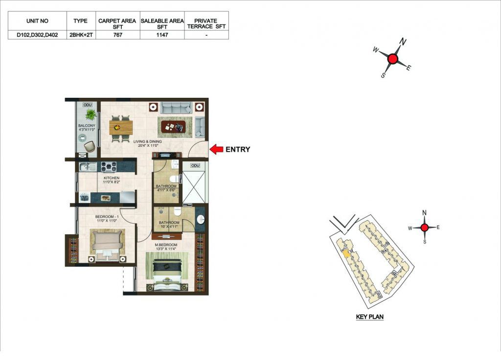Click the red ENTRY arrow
(x=216, y=149)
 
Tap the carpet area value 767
(x=117, y=35)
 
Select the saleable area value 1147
(x=162, y=35)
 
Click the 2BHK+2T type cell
(x=81, y=35)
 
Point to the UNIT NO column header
(x=37, y=21)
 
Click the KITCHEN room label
(x=112, y=178)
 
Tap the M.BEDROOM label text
(x=166, y=245)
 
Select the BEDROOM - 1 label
(x=107, y=217)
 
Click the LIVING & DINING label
(x=148, y=141)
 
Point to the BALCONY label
(x=87, y=126)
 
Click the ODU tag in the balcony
(x=87, y=105)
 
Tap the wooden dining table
(x=121, y=128)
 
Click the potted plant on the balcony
(x=91, y=114)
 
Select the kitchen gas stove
(x=109, y=167)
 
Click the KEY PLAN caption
(x=370, y=317)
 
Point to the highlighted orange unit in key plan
(x=346, y=254)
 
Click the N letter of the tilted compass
(x=403, y=42)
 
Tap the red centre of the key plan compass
(x=424, y=227)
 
